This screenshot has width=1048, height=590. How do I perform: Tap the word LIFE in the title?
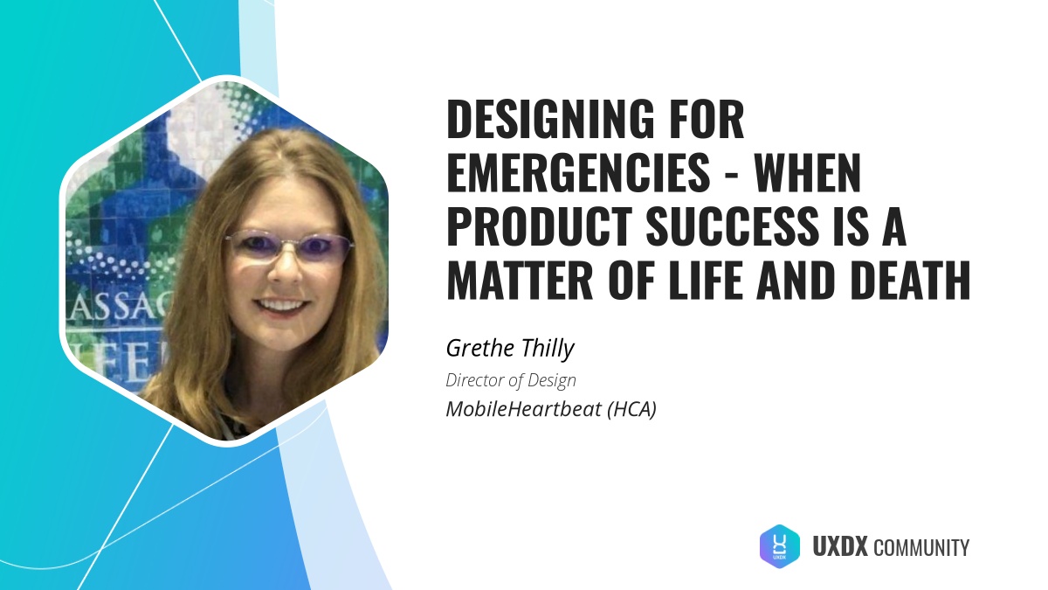(742, 282)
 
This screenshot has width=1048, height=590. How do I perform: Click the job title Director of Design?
(511, 380)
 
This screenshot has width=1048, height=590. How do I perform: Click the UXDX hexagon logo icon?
(780, 547)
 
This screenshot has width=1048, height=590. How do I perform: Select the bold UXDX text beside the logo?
(839, 548)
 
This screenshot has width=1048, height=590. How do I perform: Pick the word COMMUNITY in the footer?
(920, 549)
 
